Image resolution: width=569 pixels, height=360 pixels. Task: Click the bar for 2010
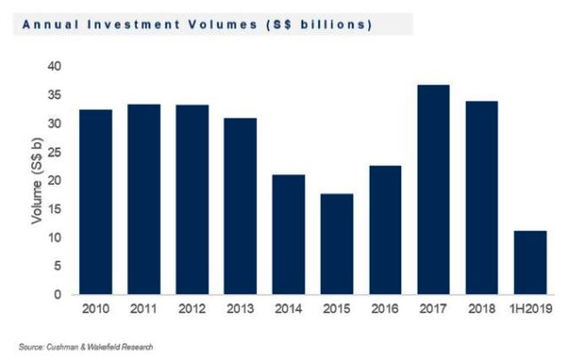pos(95,202)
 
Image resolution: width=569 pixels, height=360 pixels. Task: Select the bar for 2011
pos(143,199)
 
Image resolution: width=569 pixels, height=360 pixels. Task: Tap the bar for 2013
pos(240,205)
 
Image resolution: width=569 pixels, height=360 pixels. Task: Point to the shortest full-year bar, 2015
pos(336,244)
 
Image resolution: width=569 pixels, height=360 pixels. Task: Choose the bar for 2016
pos(384,229)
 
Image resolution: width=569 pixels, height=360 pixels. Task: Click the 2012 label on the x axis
pos(192,309)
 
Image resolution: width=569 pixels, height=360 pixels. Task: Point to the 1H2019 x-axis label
pos(531,309)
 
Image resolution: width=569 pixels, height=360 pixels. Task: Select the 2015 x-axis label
pos(336,309)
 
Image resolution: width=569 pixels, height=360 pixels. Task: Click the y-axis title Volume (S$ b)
pos(37,180)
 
